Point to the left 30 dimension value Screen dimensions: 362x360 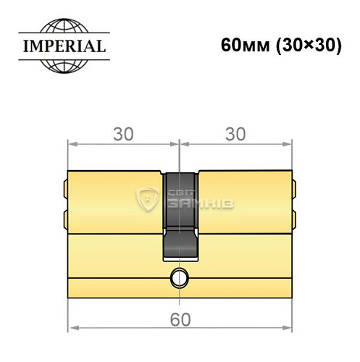click(x=123, y=134)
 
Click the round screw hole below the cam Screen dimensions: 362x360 click(x=180, y=277)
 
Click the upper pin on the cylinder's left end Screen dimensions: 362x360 click(x=67, y=190)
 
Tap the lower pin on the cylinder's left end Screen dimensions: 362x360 click(x=67, y=217)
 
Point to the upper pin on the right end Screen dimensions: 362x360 click(x=294, y=190)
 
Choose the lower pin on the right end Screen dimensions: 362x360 click(x=294, y=217)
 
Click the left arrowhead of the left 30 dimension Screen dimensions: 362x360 click(x=72, y=144)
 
